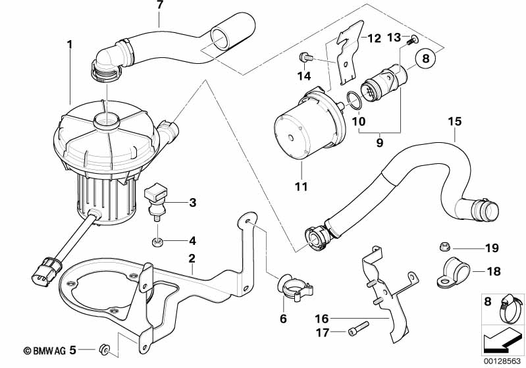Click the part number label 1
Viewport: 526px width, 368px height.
tap(68, 45)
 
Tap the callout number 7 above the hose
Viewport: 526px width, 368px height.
tap(159, 5)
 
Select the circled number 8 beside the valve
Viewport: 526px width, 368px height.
tap(425, 59)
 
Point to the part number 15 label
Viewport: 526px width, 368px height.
tap(455, 122)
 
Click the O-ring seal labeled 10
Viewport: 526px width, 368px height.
tap(352, 101)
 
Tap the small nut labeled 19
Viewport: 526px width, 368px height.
tap(443, 248)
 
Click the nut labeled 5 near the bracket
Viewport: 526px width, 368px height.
tap(103, 348)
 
